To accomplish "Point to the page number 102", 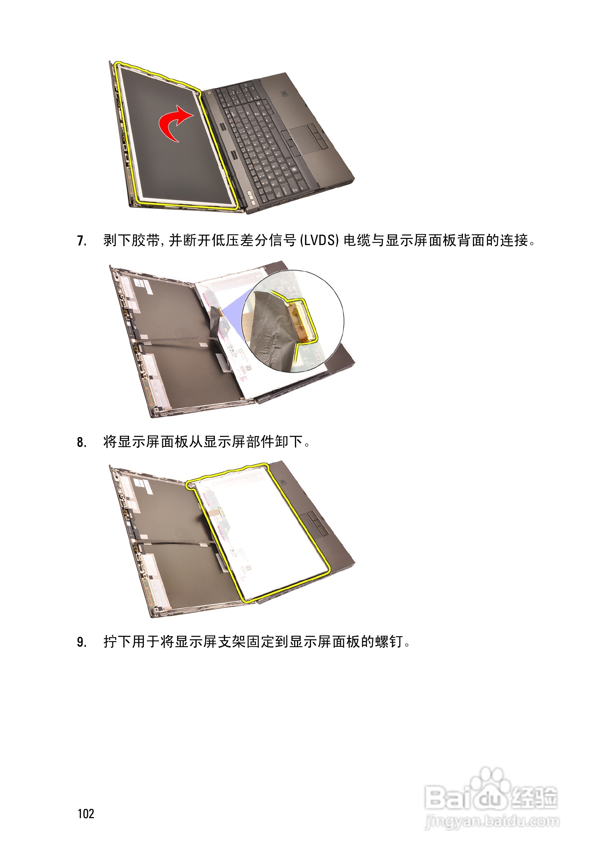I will [x=86, y=814].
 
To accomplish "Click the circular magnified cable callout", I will [x=292, y=321].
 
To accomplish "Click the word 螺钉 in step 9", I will [x=389, y=642].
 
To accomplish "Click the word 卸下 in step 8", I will [x=282, y=442].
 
